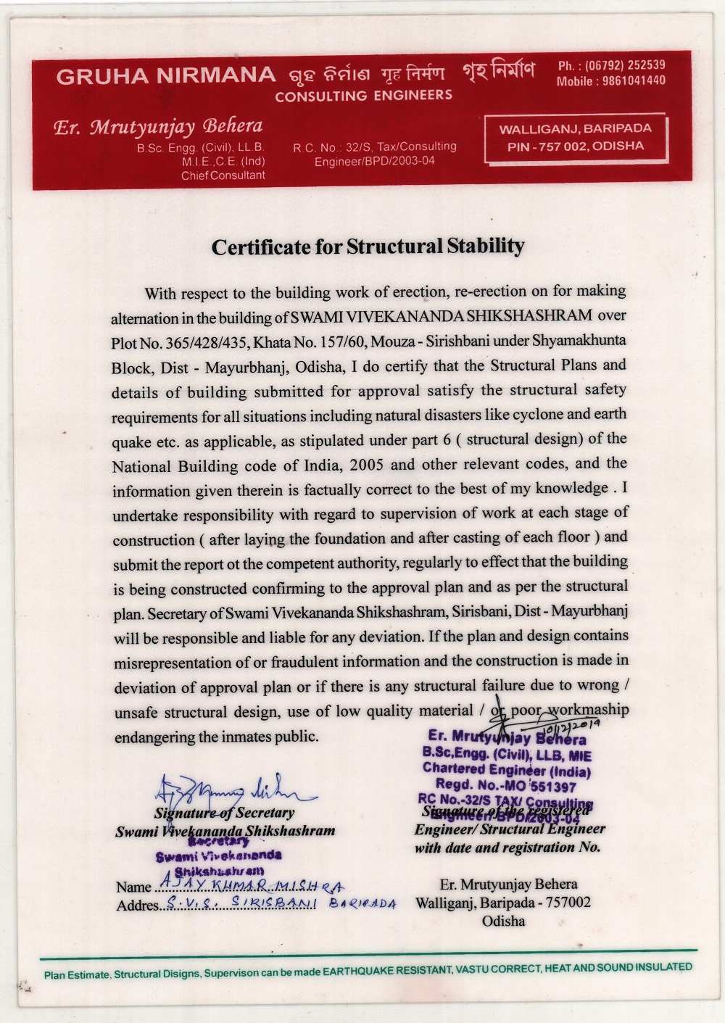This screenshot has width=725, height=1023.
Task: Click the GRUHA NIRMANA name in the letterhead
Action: (166, 75)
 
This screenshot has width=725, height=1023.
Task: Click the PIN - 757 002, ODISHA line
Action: (576, 146)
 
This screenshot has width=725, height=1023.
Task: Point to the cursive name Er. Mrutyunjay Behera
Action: (158, 127)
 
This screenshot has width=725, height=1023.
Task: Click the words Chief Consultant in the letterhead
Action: (223, 175)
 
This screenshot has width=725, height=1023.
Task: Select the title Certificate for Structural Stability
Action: (368, 247)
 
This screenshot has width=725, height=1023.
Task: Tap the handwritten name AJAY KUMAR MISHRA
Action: (251, 885)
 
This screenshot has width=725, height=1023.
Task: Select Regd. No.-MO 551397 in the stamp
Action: (506, 785)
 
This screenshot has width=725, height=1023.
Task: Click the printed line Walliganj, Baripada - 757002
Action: (503, 903)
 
